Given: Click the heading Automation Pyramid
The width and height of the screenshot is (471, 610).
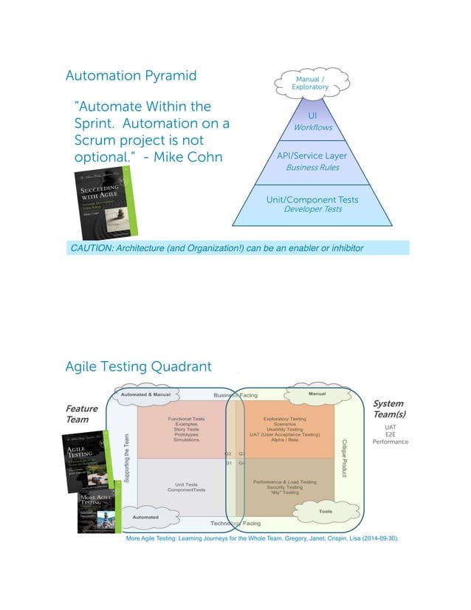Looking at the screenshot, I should click(131, 75).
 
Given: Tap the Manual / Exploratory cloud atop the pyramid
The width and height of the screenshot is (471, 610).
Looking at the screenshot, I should click(310, 82).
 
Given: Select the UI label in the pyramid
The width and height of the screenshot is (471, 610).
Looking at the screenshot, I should click(312, 116).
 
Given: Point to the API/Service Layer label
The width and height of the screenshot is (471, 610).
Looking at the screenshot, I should click(312, 156).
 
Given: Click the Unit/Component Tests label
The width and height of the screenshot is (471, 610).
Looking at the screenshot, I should click(312, 199).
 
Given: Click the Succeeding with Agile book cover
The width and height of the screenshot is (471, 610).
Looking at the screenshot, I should click(103, 200).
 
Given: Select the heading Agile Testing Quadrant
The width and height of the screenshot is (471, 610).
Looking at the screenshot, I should click(138, 366).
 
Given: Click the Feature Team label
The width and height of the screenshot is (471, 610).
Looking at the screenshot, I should click(80, 413).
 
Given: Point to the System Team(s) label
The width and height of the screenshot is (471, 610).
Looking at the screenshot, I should click(388, 408).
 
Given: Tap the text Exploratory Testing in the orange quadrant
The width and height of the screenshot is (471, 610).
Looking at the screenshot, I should click(285, 419).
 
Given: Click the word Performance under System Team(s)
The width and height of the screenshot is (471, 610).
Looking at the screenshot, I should click(391, 442).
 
